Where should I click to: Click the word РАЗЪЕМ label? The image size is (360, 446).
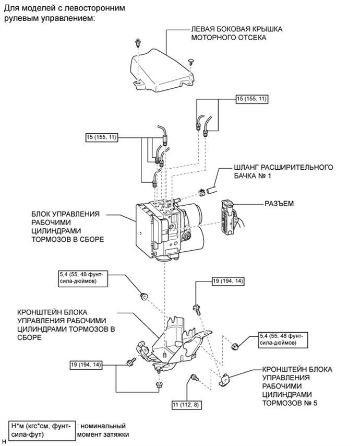279,203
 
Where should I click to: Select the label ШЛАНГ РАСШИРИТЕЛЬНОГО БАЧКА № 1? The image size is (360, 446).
283,171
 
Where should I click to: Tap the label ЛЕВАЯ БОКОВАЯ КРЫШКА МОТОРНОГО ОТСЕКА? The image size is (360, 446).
237,33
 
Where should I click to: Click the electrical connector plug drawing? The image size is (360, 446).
232,217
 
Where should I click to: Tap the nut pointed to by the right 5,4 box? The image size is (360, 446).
235,347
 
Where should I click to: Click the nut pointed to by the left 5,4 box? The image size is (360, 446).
144,297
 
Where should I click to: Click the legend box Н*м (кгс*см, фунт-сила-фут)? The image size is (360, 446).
42,431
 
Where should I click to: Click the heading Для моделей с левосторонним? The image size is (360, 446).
65,8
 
